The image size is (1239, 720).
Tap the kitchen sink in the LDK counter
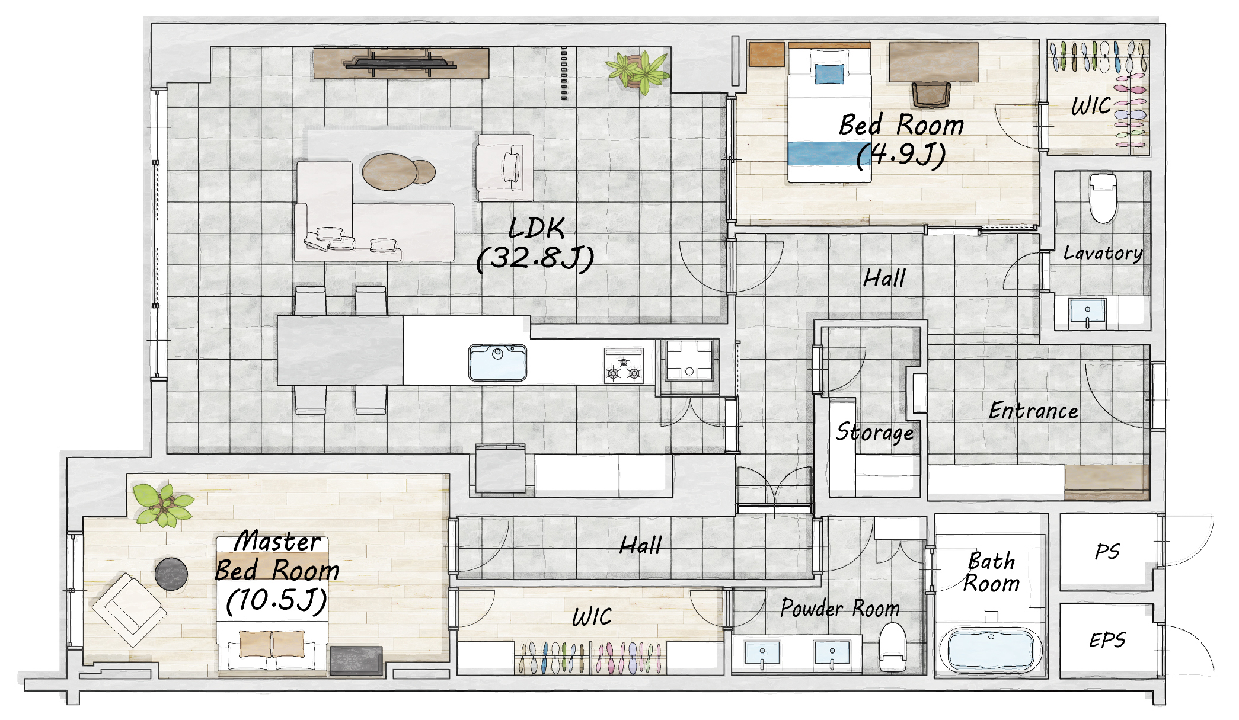pyautogui.click(x=497, y=363)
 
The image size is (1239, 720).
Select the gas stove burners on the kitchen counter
pyautogui.click(x=624, y=366)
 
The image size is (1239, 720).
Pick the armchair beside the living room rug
pyautogui.click(x=505, y=168)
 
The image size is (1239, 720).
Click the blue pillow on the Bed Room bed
pyautogui.click(x=829, y=74)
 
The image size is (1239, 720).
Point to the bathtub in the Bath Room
pyautogui.click(x=991, y=649)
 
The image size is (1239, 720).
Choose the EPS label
pyautogui.click(x=1107, y=640)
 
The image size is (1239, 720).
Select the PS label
pyautogui.click(x=1107, y=552)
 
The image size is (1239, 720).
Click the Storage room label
pyautogui.click(x=874, y=432)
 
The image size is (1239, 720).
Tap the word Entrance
pyautogui.click(x=1033, y=411)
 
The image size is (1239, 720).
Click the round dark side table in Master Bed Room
pyautogui.click(x=171, y=574)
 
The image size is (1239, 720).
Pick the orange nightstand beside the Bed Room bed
pyautogui.click(x=767, y=54)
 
